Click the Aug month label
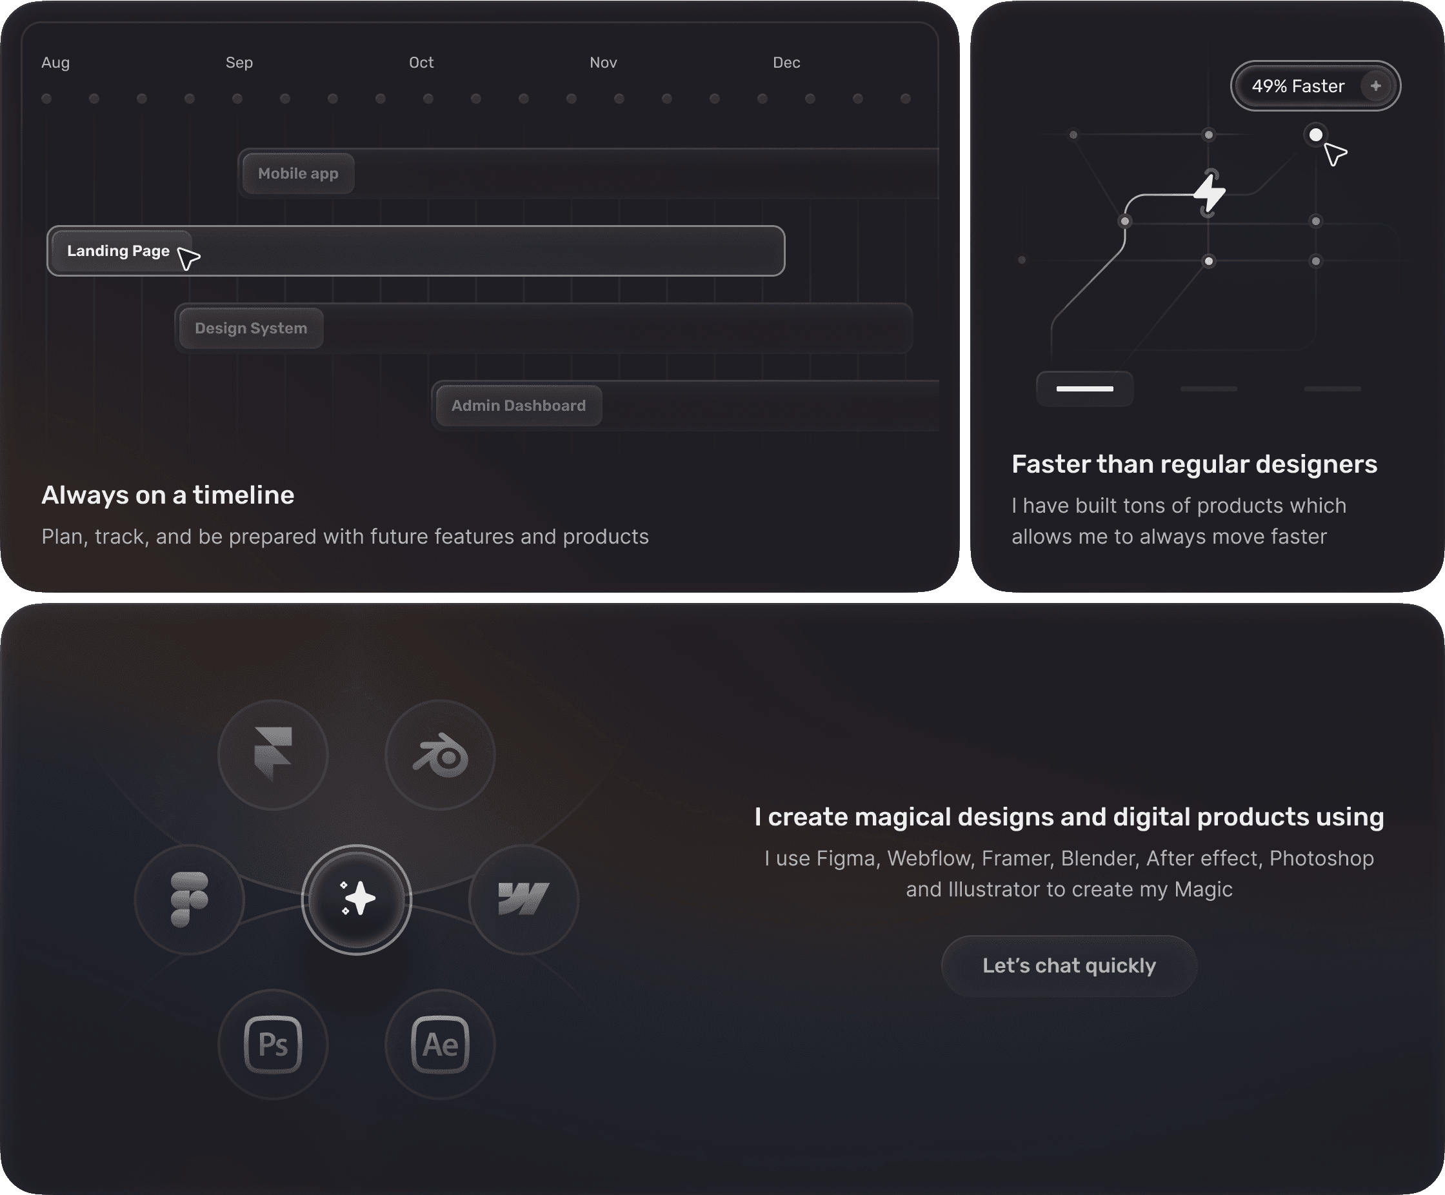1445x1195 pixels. tap(55, 63)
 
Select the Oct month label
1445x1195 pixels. tap(421, 63)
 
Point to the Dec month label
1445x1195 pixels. tap(786, 63)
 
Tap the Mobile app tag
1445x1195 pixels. tap(298, 173)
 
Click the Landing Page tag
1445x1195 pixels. tap(118, 250)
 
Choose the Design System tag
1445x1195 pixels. tap(251, 328)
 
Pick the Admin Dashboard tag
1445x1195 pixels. tap(519, 405)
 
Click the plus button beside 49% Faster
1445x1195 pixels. tap(1375, 86)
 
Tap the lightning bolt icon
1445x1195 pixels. tap(1209, 193)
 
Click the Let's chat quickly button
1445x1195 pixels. tap(1069, 965)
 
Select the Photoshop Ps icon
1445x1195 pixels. tap(273, 1043)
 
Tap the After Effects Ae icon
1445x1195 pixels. tap(441, 1043)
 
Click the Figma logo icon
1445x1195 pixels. tap(189, 899)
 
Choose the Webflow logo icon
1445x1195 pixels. tap(524, 899)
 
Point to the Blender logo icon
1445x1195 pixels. tap(441, 755)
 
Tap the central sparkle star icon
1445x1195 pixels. tap(358, 898)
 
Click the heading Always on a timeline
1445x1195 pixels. tap(168, 495)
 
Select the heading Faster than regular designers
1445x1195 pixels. tap(1195, 464)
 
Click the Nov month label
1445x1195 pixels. tap(603, 63)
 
